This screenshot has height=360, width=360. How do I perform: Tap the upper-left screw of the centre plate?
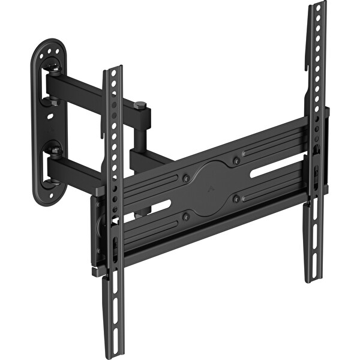tap(186, 178)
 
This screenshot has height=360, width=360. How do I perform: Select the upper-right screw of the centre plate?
tap(236, 161)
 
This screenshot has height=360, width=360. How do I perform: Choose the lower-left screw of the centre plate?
tap(187, 216)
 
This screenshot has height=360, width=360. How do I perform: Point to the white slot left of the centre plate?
tap(151, 210)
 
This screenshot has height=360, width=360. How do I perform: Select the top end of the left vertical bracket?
tap(113, 71)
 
